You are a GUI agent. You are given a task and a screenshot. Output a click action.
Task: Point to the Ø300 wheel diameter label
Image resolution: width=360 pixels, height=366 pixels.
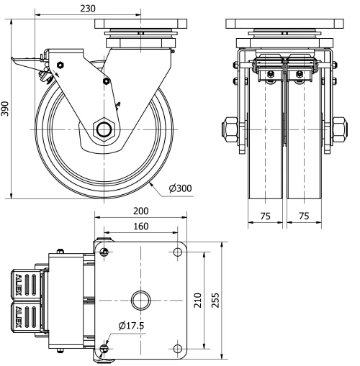coord(180,188)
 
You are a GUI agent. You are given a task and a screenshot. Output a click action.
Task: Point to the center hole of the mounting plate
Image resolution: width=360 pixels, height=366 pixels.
coord(140,298)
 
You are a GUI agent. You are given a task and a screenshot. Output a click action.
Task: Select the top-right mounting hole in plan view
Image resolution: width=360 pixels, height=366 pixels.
coord(177,252)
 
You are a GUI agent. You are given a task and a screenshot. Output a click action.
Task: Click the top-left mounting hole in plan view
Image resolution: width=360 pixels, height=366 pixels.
coord(106,252)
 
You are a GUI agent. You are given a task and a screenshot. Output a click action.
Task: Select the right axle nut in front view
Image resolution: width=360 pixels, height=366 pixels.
coord(337,129)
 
